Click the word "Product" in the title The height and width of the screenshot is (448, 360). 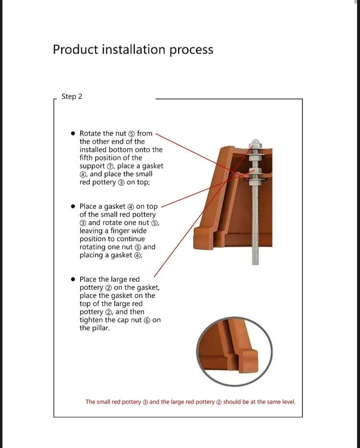click(75, 49)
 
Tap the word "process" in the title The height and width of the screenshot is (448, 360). click(192, 50)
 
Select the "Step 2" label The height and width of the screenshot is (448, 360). click(72, 96)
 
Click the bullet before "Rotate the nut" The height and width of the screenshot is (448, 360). click(73, 133)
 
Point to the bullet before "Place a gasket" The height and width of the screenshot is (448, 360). click(73, 206)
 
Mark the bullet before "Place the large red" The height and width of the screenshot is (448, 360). click(73, 279)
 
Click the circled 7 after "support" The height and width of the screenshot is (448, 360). click(110, 166)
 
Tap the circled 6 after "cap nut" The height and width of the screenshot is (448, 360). click(147, 320)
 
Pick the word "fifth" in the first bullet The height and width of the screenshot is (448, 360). click(86, 158)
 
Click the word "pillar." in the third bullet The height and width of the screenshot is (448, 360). click(101, 328)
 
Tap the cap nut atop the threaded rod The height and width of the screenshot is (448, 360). click(255, 143)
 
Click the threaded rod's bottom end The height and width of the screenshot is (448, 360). click(255, 264)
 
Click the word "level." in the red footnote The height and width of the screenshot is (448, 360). click(289, 402)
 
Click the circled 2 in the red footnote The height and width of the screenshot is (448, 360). click(219, 402)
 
